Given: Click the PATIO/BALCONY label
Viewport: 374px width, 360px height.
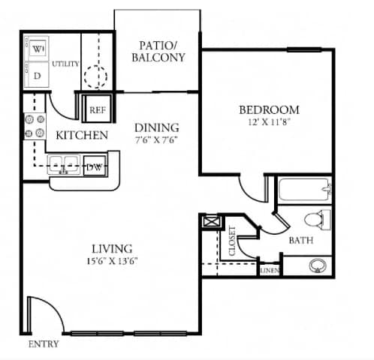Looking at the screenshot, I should [x=158, y=50].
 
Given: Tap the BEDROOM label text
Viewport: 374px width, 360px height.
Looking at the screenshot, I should [x=270, y=109].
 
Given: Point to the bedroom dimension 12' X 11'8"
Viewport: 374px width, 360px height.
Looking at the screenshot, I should [x=270, y=122].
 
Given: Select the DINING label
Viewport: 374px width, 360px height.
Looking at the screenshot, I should [x=157, y=127].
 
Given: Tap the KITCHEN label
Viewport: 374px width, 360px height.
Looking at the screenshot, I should [x=82, y=136].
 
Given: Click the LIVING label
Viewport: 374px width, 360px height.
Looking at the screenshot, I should [x=112, y=248].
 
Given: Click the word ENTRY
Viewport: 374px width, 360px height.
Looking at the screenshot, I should [x=43, y=344].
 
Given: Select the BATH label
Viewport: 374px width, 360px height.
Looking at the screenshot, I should [x=301, y=241].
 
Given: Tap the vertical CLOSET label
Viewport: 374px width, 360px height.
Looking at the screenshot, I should [x=232, y=241].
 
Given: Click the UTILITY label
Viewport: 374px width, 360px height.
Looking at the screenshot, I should [x=65, y=64].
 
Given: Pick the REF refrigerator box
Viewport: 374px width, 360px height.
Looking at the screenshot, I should [x=97, y=108].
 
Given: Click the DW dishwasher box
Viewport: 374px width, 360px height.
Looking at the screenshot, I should [x=94, y=167].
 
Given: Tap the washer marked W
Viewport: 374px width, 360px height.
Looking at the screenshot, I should [x=37, y=50].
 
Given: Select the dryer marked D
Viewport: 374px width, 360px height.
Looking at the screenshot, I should [x=37, y=75].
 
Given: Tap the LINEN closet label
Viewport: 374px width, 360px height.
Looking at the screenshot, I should [x=270, y=270].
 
